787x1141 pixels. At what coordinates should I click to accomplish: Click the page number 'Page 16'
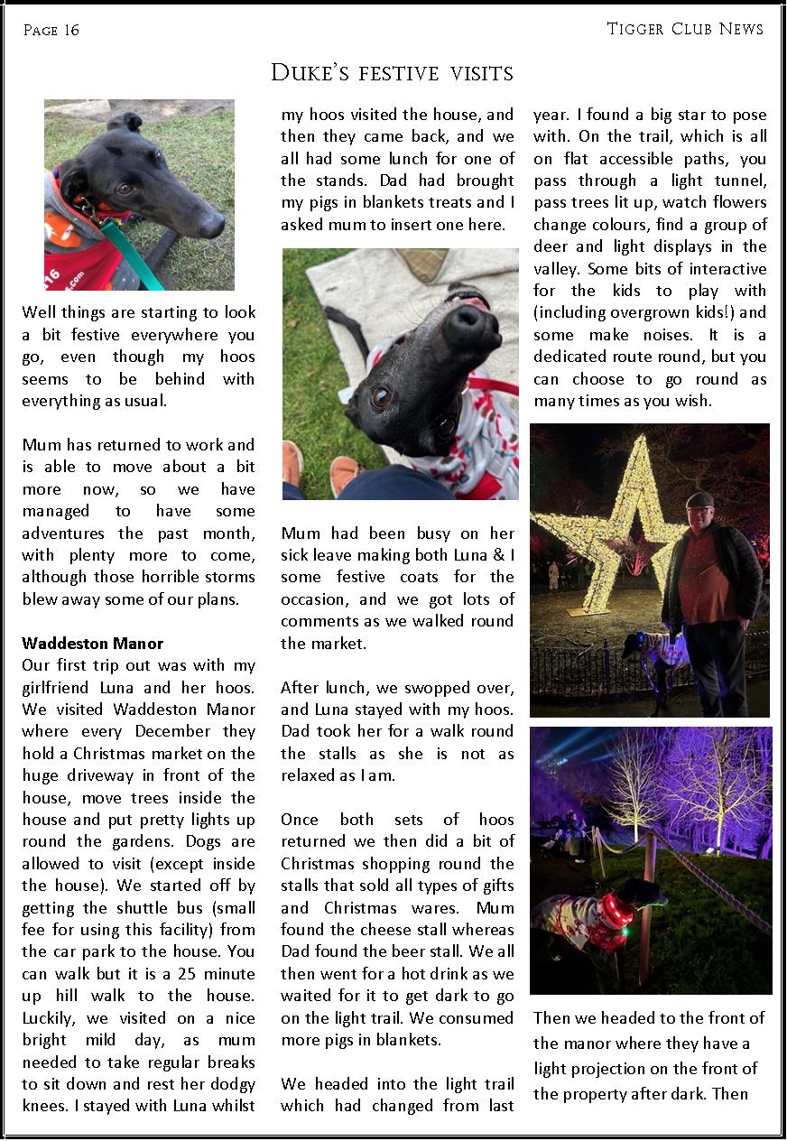[51, 31]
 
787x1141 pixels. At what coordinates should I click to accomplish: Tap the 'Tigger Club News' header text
[685, 29]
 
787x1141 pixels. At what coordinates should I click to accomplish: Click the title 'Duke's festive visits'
[393, 73]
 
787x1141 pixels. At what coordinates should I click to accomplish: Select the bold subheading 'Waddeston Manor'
[92, 644]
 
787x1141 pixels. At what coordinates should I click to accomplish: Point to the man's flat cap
[699, 498]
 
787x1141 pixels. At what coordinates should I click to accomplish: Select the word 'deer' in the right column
[550, 246]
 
